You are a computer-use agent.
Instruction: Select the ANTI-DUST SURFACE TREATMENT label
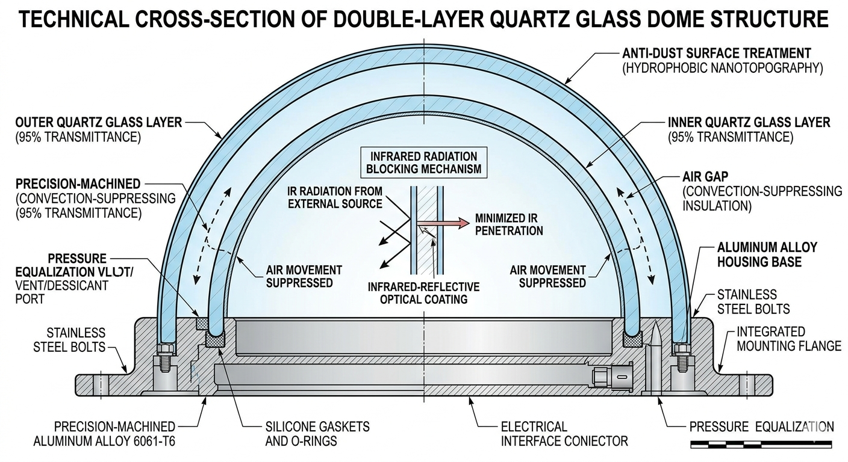click(x=716, y=53)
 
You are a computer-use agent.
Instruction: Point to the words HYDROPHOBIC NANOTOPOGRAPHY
click(x=722, y=67)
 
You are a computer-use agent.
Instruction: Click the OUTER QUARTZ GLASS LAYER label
click(x=98, y=123)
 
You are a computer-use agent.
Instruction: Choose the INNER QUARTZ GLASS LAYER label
click(x=749, y=123)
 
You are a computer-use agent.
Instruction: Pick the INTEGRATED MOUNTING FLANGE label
click(x=787, y=339)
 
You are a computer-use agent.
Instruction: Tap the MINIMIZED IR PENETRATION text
click(x=509, y=224)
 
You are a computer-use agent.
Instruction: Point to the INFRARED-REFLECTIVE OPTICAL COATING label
click(x=424, y=292)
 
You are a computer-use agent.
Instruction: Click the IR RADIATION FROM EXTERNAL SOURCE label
click(x=343, y=197)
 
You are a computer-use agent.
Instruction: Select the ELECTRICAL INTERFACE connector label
click(x=564, y=434)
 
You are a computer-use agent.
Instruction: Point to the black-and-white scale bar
click(x=761, y=445)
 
